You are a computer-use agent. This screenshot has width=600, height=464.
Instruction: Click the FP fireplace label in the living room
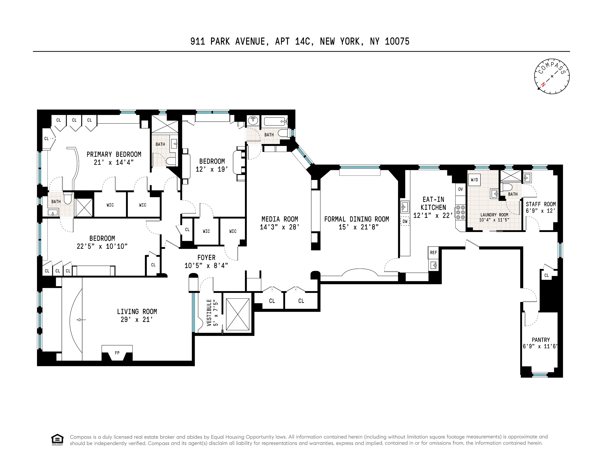117,353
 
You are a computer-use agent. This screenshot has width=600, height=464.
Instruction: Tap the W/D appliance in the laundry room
474,180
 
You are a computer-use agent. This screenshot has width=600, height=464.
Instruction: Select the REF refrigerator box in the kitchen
433,253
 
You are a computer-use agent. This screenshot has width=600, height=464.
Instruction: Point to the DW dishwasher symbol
405,221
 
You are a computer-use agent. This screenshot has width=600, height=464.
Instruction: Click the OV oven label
460,189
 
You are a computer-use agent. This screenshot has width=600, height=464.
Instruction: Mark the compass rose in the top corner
552,76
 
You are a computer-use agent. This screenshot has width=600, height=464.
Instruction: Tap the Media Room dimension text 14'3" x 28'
280,227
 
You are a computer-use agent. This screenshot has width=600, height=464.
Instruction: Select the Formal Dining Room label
357,219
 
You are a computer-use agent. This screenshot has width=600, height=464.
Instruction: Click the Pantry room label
541,340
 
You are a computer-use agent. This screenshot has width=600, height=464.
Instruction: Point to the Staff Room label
541,204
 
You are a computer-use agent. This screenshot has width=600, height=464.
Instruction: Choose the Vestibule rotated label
209,313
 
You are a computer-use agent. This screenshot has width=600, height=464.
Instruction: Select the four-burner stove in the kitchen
460,212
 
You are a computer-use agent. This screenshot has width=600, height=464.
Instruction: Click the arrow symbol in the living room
81,320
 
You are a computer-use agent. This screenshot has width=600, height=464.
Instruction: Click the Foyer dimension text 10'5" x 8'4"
206,266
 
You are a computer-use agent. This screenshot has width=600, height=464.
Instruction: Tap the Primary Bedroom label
114,154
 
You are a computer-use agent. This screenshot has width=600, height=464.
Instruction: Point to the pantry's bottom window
540,374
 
